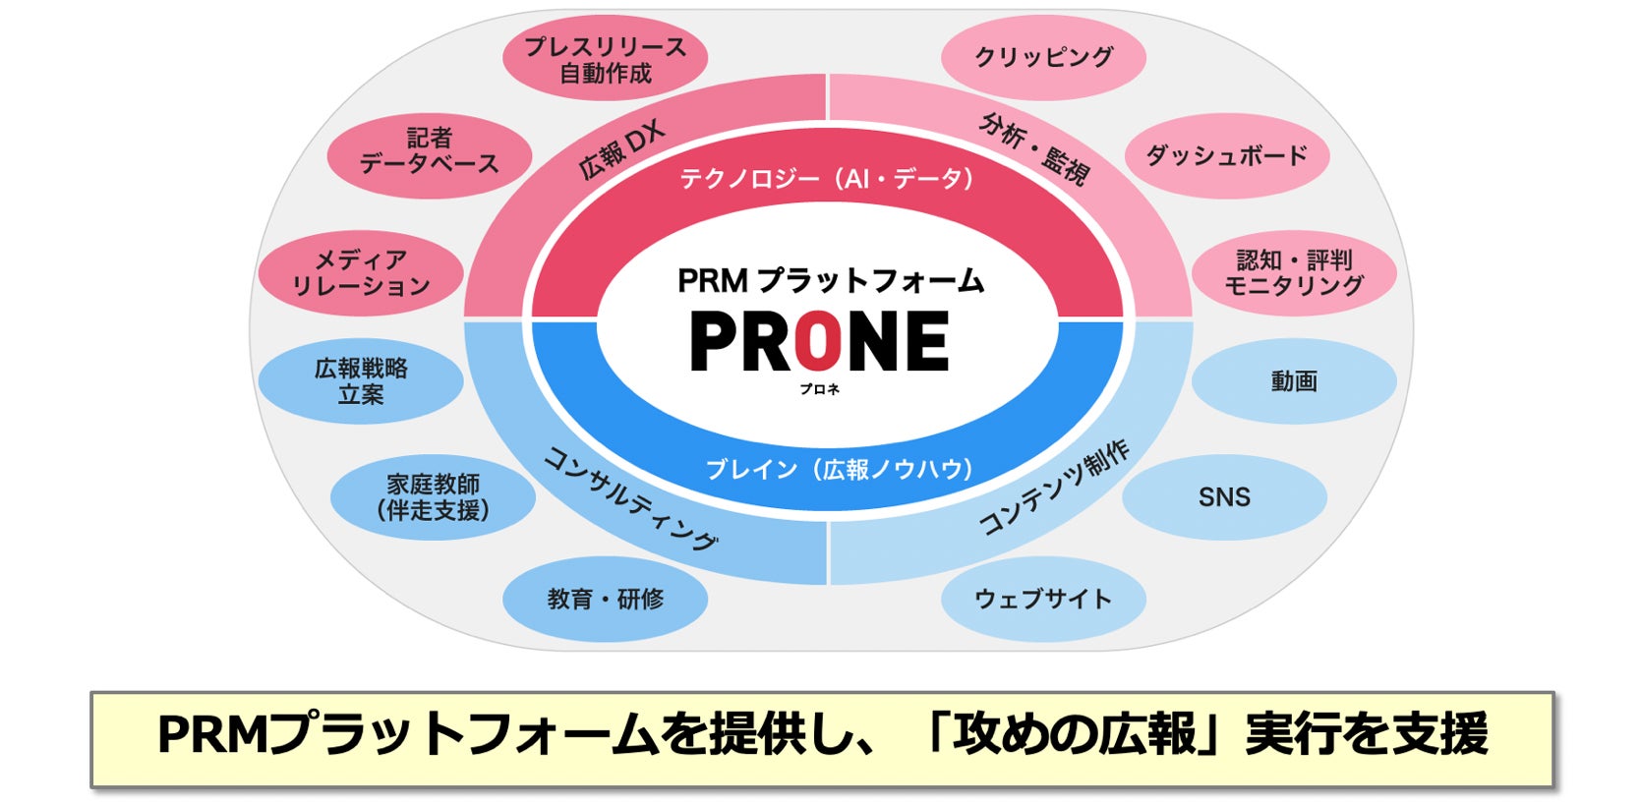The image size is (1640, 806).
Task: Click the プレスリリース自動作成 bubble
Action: pyautogui.click(x=605, y=60)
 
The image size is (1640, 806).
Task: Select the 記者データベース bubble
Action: pyautogui.click(x=429, y=152)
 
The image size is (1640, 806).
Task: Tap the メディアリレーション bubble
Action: pyautogui.click(x=361, y=273)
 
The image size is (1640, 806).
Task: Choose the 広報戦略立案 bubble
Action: pyautogui.click(x=361, y=381)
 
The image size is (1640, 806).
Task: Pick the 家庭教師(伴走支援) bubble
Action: pyautogui.click(x=433, y=497)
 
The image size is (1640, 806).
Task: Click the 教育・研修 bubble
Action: pyautogui.click(x=605, y=599)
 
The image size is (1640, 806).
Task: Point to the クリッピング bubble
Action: pyautogui.click(x=1043, y=57)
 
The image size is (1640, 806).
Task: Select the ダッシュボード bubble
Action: pyautogui.click(x=1226, y=155)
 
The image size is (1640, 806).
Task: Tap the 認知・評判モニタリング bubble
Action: pyautogui.click(x=1294, y=273)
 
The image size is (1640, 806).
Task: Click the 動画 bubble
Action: pyautogui.click(x=1294, y=381)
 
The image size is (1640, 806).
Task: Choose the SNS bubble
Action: pyautogui.click(x=1224, y=497)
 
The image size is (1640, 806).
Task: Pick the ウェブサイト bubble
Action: pyautogui.click(x=1043, y=599)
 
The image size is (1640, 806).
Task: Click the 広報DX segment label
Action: pyautogui.click(x=621, y=151)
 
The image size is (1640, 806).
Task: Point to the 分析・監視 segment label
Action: pyautogui.click(x=1035, y=149)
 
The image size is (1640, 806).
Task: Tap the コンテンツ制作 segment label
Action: pyautogui.click(x=1055, y=489)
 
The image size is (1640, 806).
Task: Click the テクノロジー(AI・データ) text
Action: pyautogui.click(x=826, y=179)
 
